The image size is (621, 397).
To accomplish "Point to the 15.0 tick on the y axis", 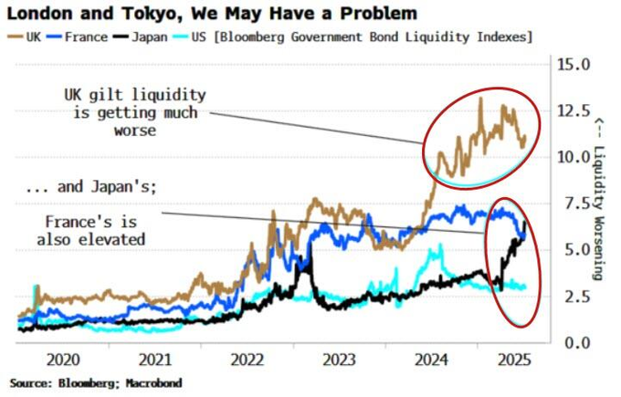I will pos(575,65).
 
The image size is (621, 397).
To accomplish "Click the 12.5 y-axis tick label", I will pos(575,111).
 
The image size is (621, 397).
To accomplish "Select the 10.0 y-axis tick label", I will pos(575,157).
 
